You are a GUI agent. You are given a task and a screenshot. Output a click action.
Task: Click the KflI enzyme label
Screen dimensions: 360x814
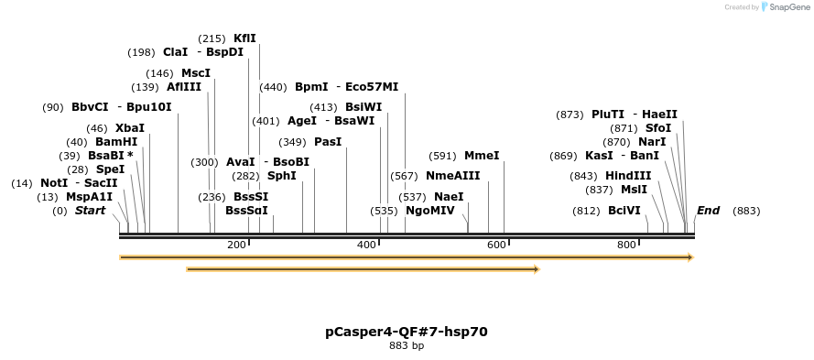pos(244,38)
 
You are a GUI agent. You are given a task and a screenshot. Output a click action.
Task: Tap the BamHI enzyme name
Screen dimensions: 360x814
pos(116,142)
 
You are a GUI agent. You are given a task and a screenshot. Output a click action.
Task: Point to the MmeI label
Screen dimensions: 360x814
pos(482,156)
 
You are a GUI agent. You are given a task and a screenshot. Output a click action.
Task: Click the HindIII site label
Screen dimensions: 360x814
pos(628,176)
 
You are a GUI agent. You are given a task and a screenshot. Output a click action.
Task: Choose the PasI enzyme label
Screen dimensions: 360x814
pos(328,142)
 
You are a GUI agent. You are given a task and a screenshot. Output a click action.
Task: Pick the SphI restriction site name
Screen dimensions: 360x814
pos(281,176)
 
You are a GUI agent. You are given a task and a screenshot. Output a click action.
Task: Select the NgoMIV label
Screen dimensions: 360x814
pos(429,211)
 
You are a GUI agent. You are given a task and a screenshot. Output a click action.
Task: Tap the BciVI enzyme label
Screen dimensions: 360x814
pos(624,211)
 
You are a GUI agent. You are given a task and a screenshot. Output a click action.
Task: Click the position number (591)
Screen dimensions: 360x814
pos(442,156)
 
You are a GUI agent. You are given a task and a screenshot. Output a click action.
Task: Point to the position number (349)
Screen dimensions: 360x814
pos(292,142)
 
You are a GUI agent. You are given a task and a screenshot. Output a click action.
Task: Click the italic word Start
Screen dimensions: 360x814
pos(90,211)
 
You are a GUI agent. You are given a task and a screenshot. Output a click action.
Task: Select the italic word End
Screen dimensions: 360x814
pos(708,211)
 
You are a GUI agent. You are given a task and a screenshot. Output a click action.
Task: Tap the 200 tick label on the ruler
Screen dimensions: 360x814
pos(236,245)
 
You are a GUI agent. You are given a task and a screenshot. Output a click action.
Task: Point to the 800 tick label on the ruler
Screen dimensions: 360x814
pos(626,245)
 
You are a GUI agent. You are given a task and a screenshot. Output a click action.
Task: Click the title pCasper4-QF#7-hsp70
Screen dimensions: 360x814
pos(407,331)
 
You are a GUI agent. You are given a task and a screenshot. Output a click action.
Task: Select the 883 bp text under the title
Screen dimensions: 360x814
pos(407,346)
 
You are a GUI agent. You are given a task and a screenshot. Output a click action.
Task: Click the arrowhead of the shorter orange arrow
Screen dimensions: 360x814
pos(536,269)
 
